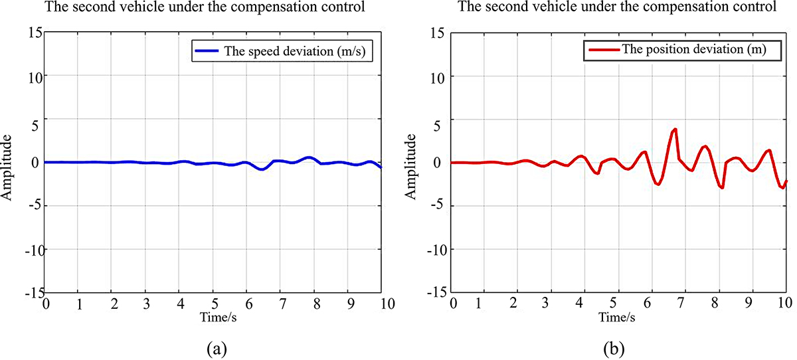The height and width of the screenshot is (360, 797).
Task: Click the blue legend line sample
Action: [207, 51]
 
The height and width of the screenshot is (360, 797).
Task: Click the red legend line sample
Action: [604, 49]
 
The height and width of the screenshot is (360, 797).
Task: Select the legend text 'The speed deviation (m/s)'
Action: [295, 51]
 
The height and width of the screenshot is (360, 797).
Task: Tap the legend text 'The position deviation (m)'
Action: [694, 49]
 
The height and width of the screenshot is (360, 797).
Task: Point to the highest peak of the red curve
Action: [675, 129]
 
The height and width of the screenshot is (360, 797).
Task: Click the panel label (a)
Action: [217, 349]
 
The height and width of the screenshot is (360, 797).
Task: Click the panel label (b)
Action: [614, 349]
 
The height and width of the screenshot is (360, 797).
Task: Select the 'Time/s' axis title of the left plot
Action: [218, 317]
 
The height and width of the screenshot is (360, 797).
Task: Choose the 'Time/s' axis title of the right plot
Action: [616, 317]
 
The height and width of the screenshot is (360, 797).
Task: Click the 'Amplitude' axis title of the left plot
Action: [7, 167]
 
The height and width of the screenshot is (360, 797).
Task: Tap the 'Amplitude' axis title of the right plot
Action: [410, 167]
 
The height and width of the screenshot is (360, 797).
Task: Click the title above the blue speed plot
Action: [205, 7]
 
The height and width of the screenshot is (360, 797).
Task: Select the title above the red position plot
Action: [616, 7]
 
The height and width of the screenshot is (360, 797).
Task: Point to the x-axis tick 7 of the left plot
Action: [282, 304]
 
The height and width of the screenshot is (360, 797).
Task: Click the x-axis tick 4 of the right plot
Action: [579, 303]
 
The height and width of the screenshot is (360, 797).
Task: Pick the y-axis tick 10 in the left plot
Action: [35, 78]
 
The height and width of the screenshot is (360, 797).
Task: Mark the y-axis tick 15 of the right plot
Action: [438, 33]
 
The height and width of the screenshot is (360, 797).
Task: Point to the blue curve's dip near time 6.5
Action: [262, 169]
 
